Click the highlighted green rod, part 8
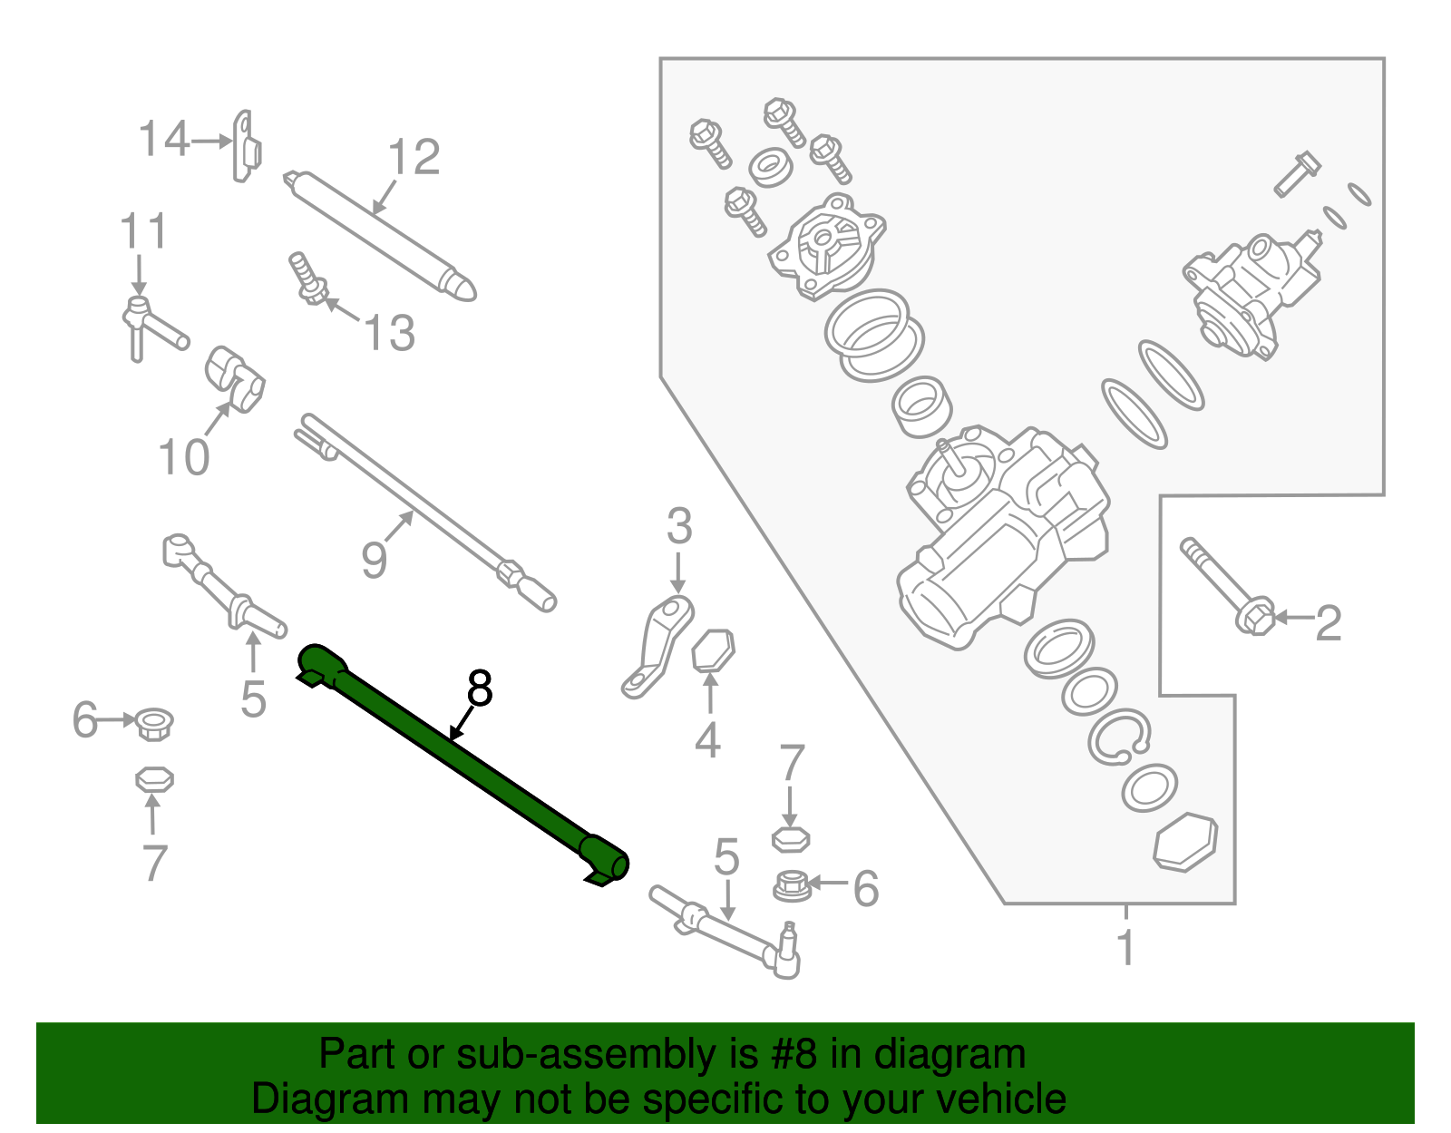point(463,762)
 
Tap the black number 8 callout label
point(479,689)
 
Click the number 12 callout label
point(414,158)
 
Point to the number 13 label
point(389,333)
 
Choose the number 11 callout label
point(143,232)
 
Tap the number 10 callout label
point(183,456)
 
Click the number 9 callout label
point(374,560)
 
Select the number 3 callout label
point(679,527)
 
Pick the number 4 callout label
point(707,740)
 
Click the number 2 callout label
point(1328,623)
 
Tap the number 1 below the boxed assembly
point(1125,948)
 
